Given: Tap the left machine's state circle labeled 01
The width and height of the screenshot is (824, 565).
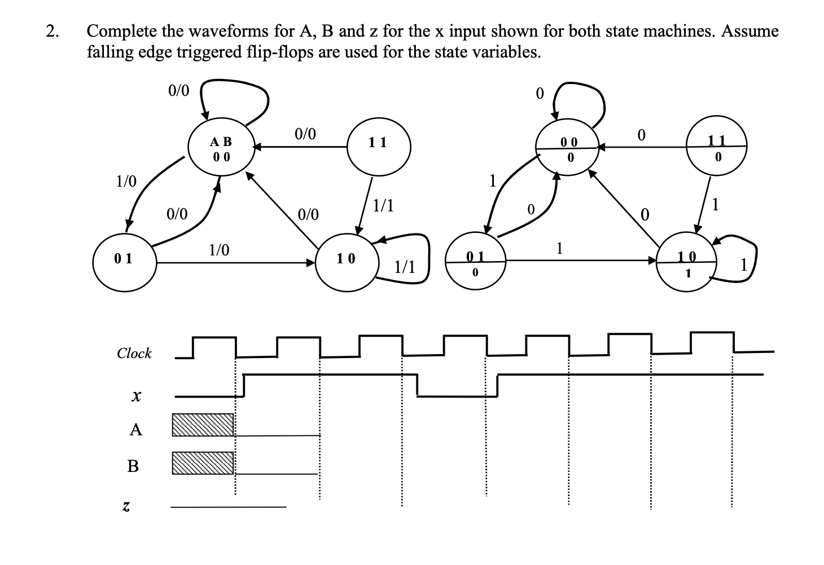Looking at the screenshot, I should [x=124, y=260].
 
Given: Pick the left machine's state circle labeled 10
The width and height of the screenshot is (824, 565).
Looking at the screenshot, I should [x=346, y=260].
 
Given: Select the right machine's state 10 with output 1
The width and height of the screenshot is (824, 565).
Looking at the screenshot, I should [x=687, y=265].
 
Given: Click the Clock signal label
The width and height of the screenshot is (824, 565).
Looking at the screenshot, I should [x=134, y=354].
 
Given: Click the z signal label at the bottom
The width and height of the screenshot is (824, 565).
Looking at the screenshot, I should [x=127, y=507].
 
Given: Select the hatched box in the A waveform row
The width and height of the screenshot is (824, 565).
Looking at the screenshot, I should [x=203, y=425].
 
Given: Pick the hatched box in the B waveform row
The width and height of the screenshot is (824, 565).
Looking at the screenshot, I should [x=203, y=463].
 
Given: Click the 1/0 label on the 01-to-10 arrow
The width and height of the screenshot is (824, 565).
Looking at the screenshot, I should [x=219, y=250].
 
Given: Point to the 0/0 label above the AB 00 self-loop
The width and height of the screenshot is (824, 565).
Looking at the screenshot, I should [x=179, y=90].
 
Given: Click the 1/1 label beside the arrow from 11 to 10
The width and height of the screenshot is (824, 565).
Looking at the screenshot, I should [x=384, y=206].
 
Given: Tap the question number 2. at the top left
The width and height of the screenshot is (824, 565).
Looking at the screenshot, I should [x=52, y=32].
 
